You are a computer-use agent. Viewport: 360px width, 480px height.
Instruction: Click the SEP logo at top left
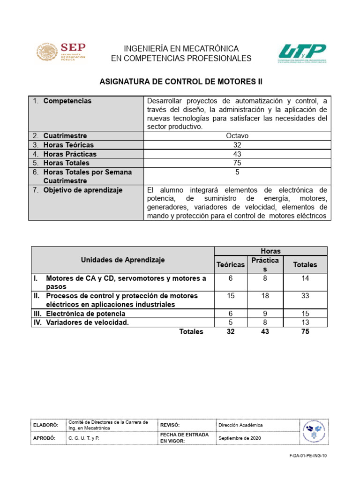61,52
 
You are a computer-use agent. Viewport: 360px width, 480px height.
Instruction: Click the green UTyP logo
302,53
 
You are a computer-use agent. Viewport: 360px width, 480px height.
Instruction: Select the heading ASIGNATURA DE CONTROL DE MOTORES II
181,82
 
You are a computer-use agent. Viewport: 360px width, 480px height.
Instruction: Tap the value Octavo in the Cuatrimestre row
237,136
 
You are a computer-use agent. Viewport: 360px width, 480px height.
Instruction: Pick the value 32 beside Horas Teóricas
237,145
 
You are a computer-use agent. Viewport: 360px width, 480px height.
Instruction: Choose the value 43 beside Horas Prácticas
237,154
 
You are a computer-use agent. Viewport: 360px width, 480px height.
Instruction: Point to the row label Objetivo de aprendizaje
82,190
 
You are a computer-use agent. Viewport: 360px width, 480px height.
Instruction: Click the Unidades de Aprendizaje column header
123,260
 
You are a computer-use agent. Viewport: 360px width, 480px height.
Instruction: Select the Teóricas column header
230,265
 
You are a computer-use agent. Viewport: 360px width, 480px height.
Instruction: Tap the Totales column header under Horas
305,265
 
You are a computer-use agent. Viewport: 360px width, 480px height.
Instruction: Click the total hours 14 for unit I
305,278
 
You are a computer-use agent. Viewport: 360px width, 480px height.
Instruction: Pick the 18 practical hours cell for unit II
265,296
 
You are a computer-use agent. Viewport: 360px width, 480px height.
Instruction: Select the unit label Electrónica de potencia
85,314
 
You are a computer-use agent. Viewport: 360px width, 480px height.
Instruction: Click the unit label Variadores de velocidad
87,322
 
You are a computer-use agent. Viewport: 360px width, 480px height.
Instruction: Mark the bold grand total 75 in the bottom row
305,332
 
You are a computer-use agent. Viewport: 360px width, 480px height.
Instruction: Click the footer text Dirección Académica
240,425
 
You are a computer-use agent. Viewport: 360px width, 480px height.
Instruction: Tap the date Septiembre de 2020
240,438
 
